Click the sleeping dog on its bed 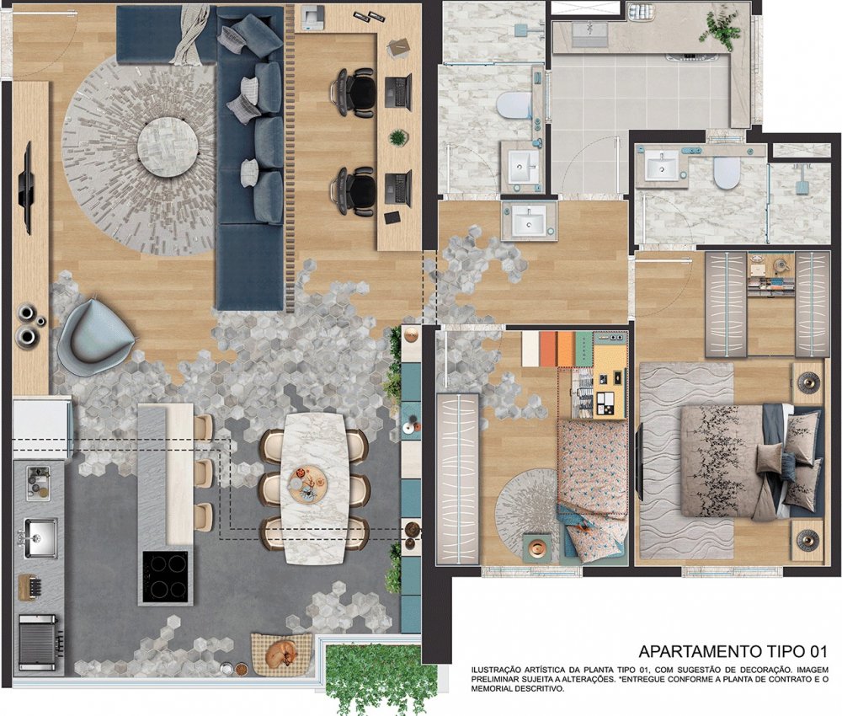[282, 652]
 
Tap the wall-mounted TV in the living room [25, 188]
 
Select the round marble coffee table [168, 145]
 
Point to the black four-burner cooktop [165, 577]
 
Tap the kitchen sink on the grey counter [38, 537]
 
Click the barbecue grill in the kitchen [38, 643]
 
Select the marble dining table [313, 488]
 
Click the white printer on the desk [312, 17]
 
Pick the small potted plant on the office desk [397, 137]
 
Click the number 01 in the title [816, 651]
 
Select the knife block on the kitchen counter [30, 586]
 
